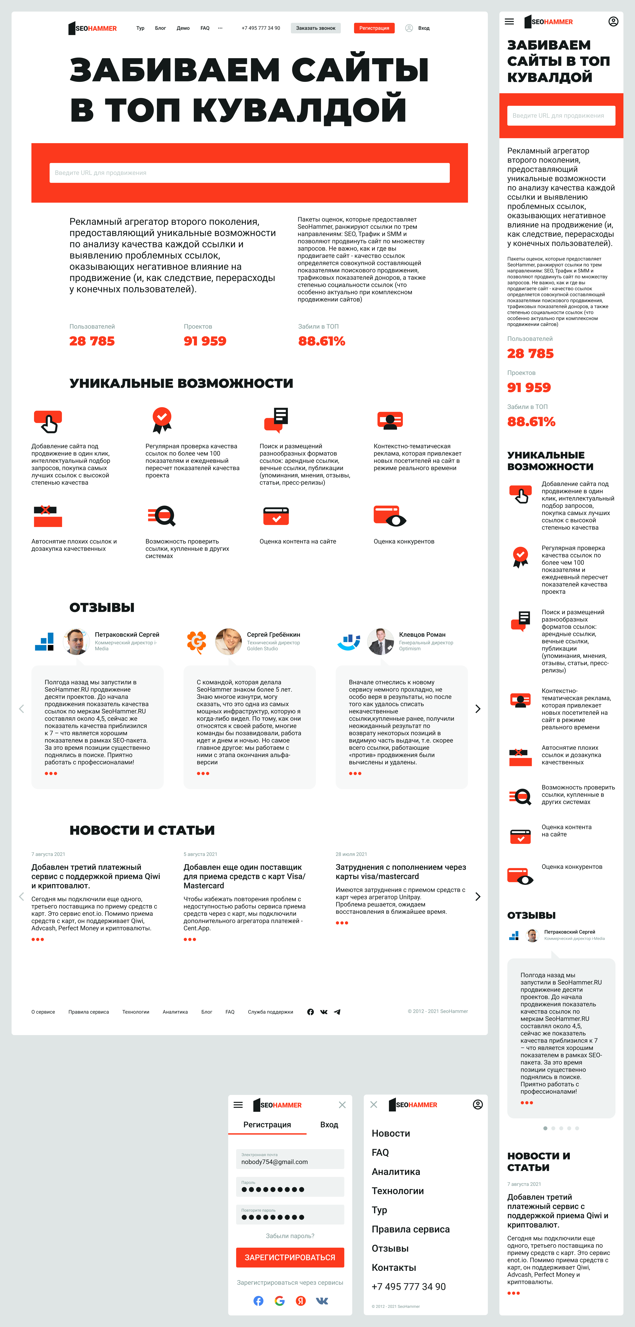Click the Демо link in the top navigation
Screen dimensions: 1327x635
[183, 28]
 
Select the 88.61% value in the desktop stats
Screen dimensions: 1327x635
[322, 341]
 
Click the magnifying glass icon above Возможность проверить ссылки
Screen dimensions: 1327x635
[163, 516]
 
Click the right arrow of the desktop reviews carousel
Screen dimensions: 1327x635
[478, 709]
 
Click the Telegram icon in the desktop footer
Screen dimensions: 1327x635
[337, 1012]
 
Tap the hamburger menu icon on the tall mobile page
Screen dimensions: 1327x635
[509, 22]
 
